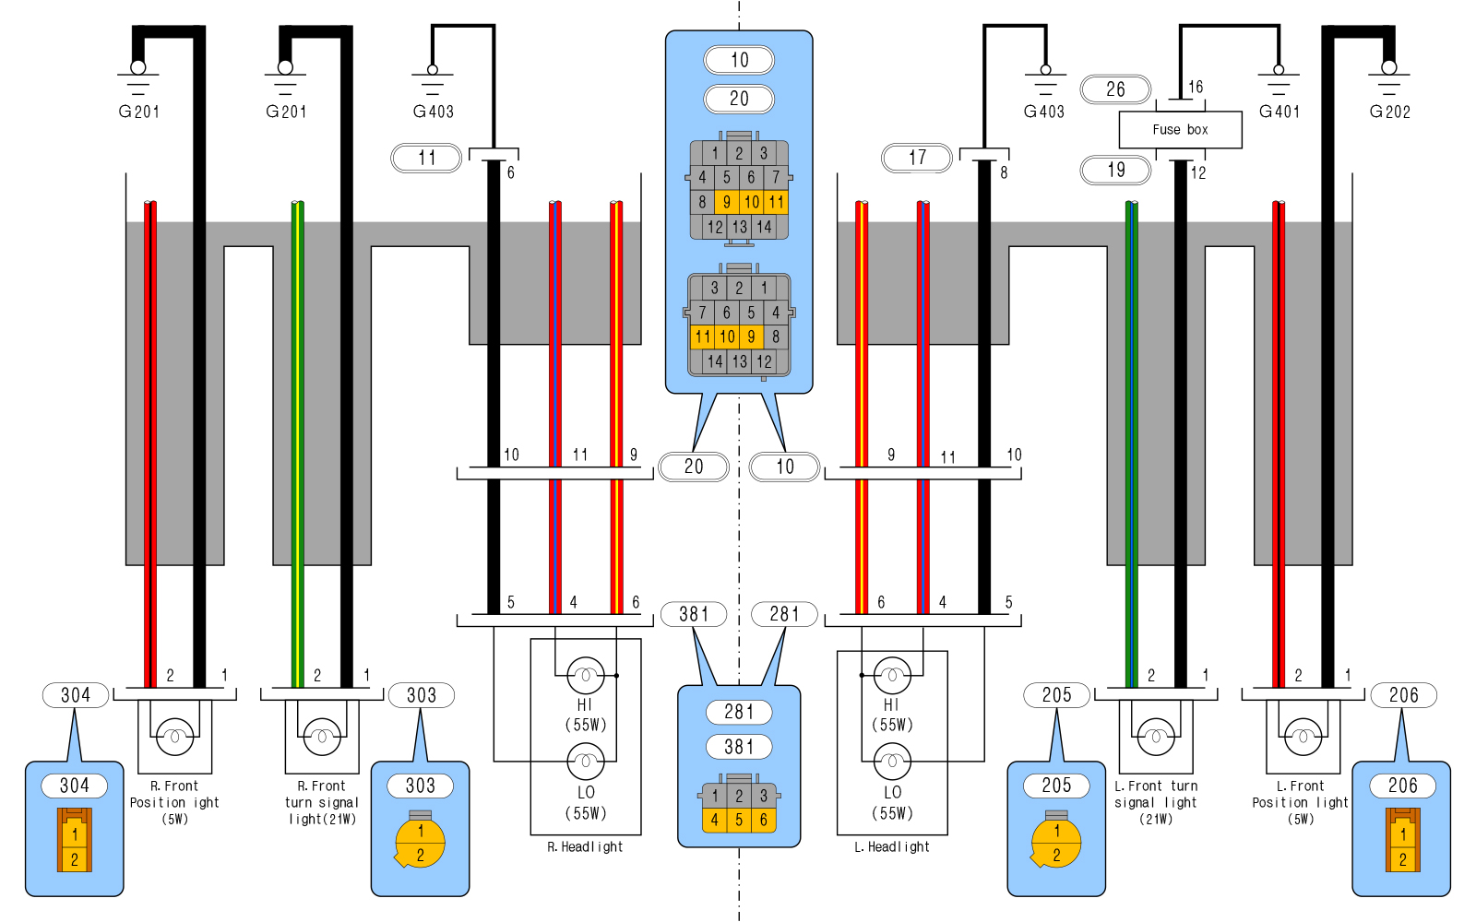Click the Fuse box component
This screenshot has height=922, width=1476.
[1180, 130]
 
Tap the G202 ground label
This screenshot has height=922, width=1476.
[1389, 112]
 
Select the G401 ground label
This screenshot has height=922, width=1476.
[1279, 112]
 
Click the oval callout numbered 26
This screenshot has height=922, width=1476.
[1115, 89]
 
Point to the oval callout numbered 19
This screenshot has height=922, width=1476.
[1115, 170]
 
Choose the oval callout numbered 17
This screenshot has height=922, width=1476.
[917, 158]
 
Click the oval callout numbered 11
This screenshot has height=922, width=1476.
[426, 158]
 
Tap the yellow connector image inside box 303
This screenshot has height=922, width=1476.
[420, 841]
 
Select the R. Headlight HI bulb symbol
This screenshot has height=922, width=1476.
[585, 676]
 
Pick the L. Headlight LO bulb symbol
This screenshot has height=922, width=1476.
[892, 762]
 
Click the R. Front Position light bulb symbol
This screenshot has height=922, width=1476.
[174, 736]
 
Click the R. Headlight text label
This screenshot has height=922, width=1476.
[585, 847]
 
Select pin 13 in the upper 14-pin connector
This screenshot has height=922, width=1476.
[740, 227]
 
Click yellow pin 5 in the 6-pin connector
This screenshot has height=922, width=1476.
[739, 819]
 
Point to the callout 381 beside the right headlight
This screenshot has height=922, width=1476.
[694, 614]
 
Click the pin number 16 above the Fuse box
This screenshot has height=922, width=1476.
[1196, 87]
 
